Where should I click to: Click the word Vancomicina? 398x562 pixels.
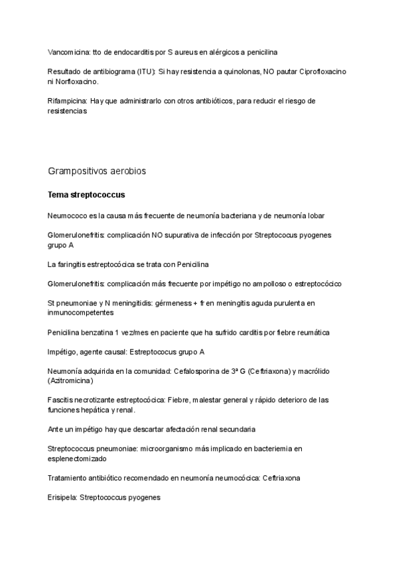point(70,52)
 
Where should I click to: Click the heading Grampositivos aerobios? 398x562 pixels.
point(97,171)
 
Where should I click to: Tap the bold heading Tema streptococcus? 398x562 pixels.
point(86,196)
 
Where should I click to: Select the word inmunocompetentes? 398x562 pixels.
point(81,312)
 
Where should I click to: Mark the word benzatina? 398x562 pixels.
point(99,332)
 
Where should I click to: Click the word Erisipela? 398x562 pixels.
point(62,497)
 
